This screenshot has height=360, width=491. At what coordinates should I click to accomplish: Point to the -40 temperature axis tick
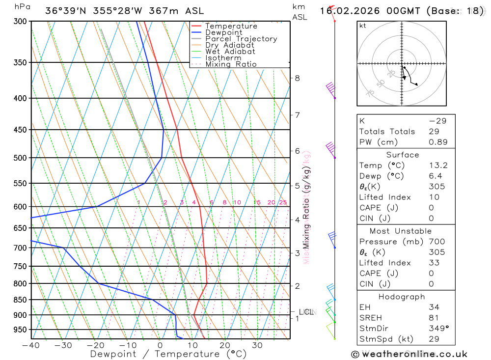tap(30, 345)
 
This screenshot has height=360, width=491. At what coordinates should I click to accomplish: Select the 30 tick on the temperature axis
tap(257, 345)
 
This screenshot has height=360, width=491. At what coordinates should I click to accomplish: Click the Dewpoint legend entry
tap(223, 32)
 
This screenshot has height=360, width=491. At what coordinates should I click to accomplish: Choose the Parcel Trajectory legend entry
tap(241, 39)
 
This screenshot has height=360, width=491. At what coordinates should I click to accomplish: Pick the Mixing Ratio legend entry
tap(231, 64)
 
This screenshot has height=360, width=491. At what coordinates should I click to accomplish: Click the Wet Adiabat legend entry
tap(230, 52)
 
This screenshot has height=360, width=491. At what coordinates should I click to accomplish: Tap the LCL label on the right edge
tap(307, 312)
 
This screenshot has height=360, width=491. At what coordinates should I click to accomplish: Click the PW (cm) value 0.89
tap(438, 142)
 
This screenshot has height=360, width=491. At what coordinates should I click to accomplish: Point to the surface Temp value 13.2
tap(438, 166)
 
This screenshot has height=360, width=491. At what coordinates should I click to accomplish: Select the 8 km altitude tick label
tap(298, 78)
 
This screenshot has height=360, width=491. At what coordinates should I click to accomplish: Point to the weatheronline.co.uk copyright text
tap(409, 354)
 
